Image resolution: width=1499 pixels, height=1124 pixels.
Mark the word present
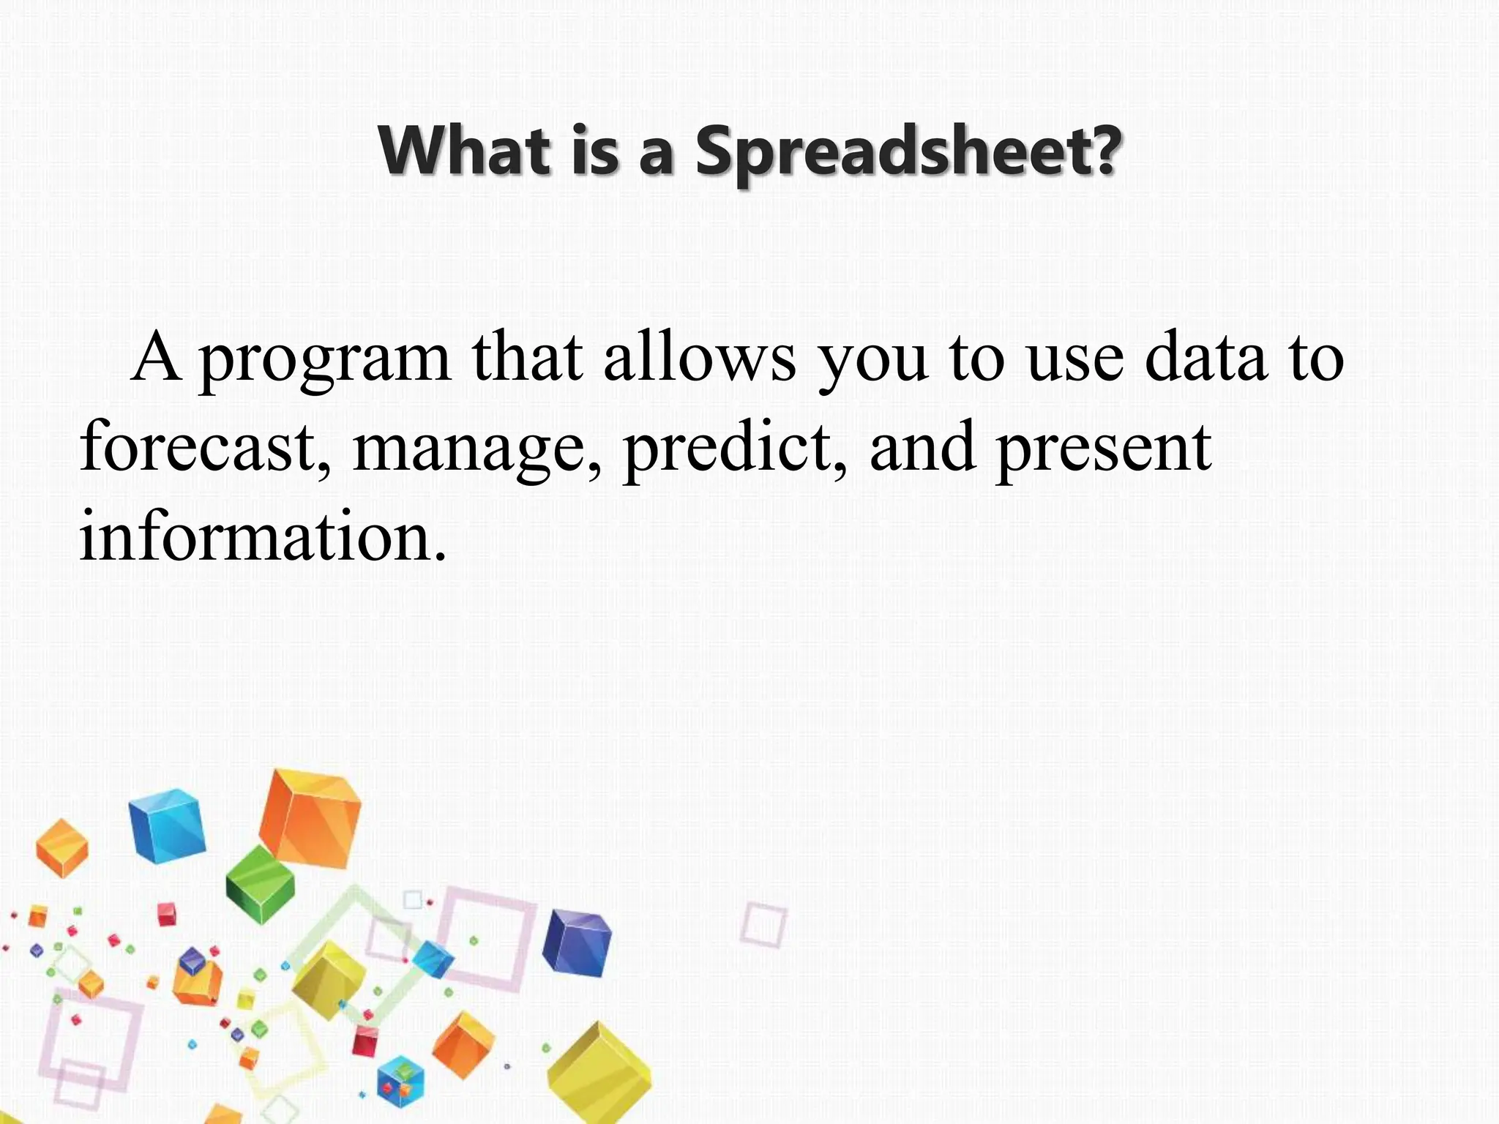(1104, 448)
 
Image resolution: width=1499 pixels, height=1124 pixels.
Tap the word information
(262, 536)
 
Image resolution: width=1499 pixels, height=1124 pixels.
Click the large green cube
(260, 883)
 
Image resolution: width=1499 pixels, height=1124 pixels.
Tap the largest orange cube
(310, 827)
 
